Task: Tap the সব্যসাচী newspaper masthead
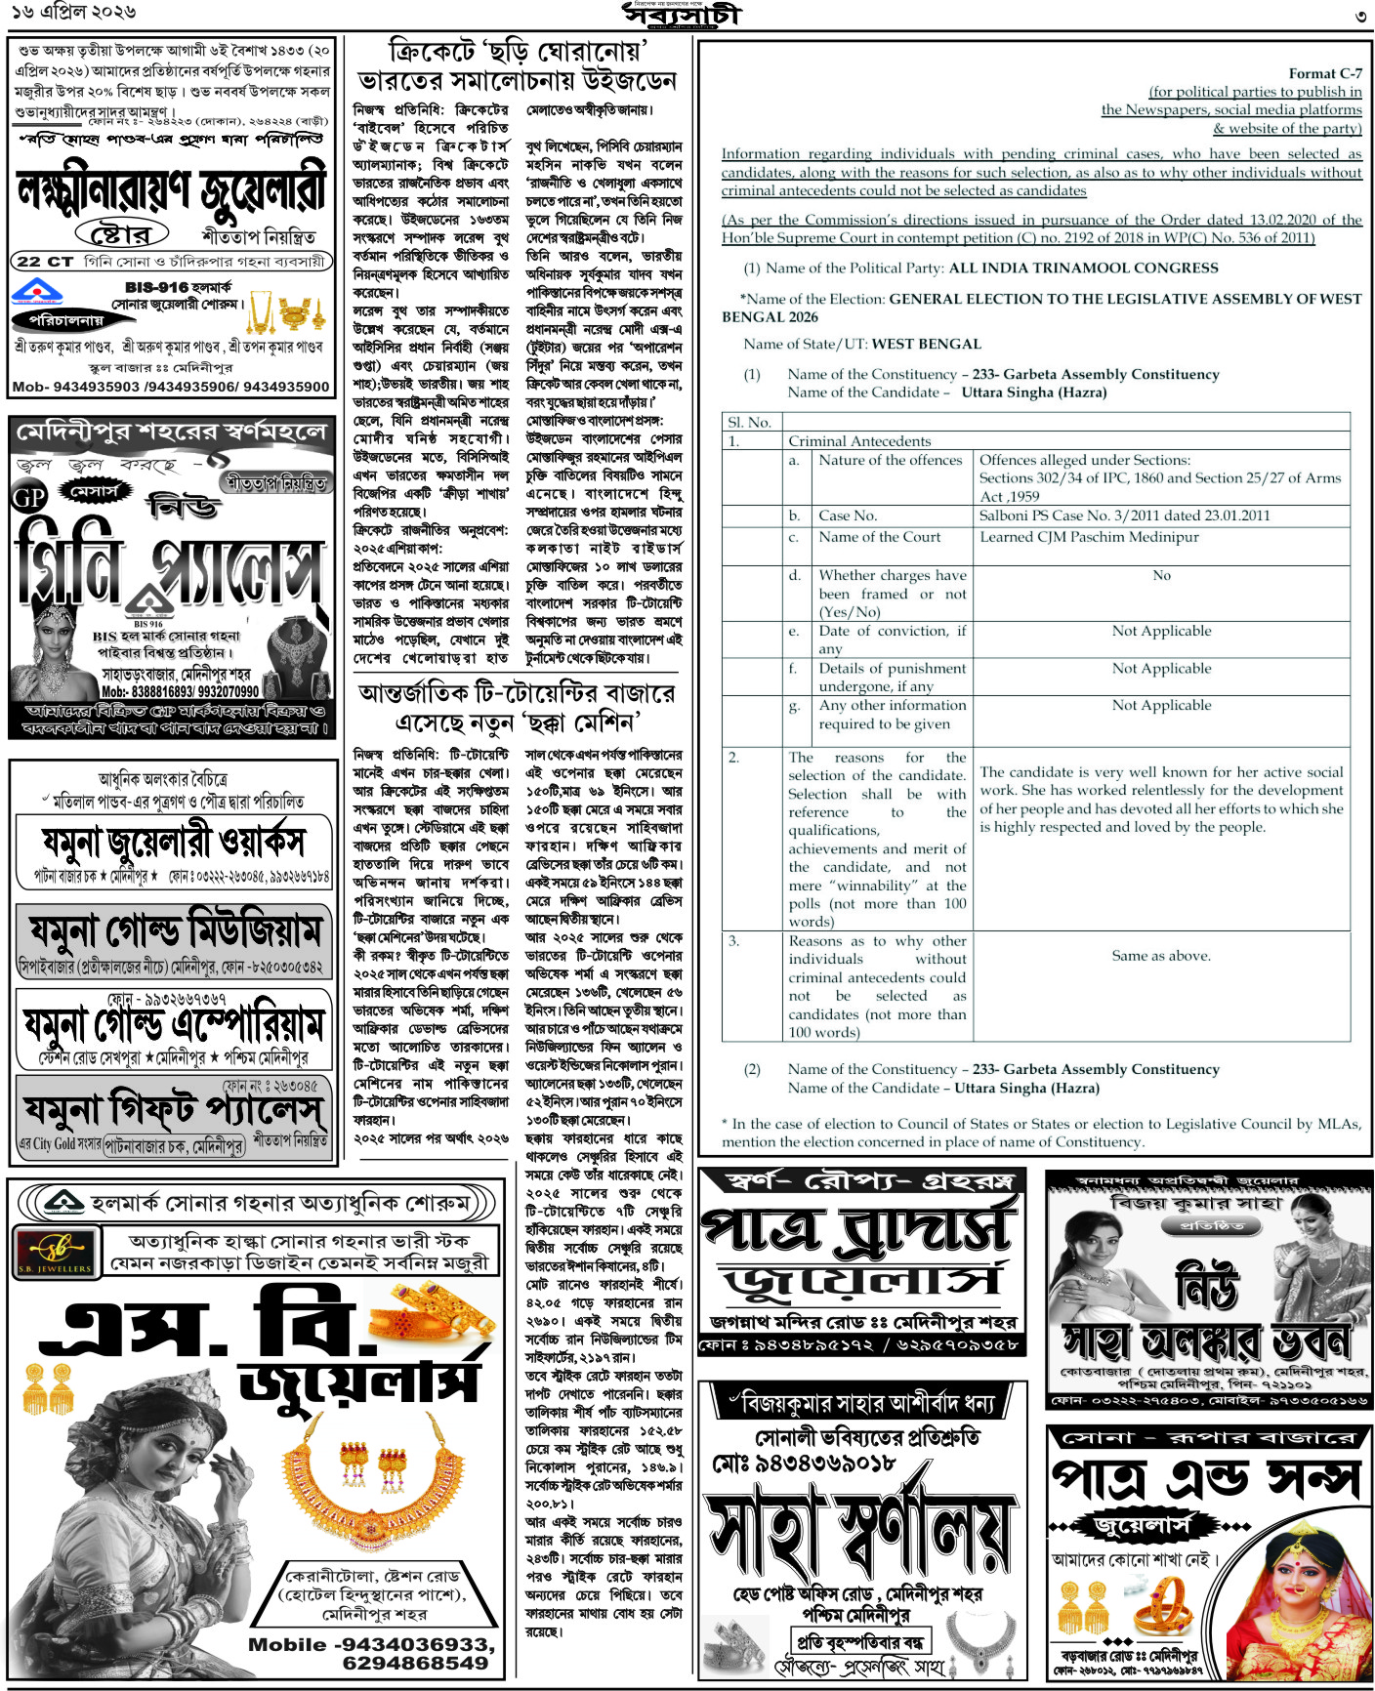[x=683, y=15]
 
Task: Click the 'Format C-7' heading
[x=1325, y=73]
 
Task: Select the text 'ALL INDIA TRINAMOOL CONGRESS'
[x=1084, y=268]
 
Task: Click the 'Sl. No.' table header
[x=750, y=422]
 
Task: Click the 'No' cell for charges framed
[x=1161, y=575]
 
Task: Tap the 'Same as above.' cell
[x=1161, y=956]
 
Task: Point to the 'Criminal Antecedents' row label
[x=859, y=441]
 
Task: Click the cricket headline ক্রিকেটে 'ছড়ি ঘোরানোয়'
[x=517, y=50]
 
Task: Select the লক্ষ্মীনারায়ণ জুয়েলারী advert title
[x=171, y=190]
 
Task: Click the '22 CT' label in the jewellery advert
[x=45, y=262]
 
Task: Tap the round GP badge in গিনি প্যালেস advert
[x=29, y=498]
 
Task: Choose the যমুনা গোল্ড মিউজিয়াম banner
[x=175, y=930]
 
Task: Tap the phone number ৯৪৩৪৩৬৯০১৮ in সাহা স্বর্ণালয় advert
[x=803, y=1463]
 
